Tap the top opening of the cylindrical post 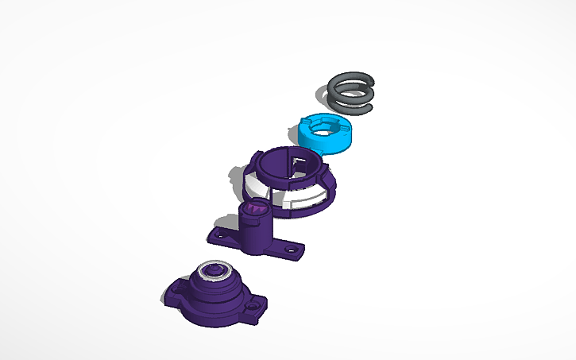click(255, 208)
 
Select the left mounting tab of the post click(219, 235)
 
